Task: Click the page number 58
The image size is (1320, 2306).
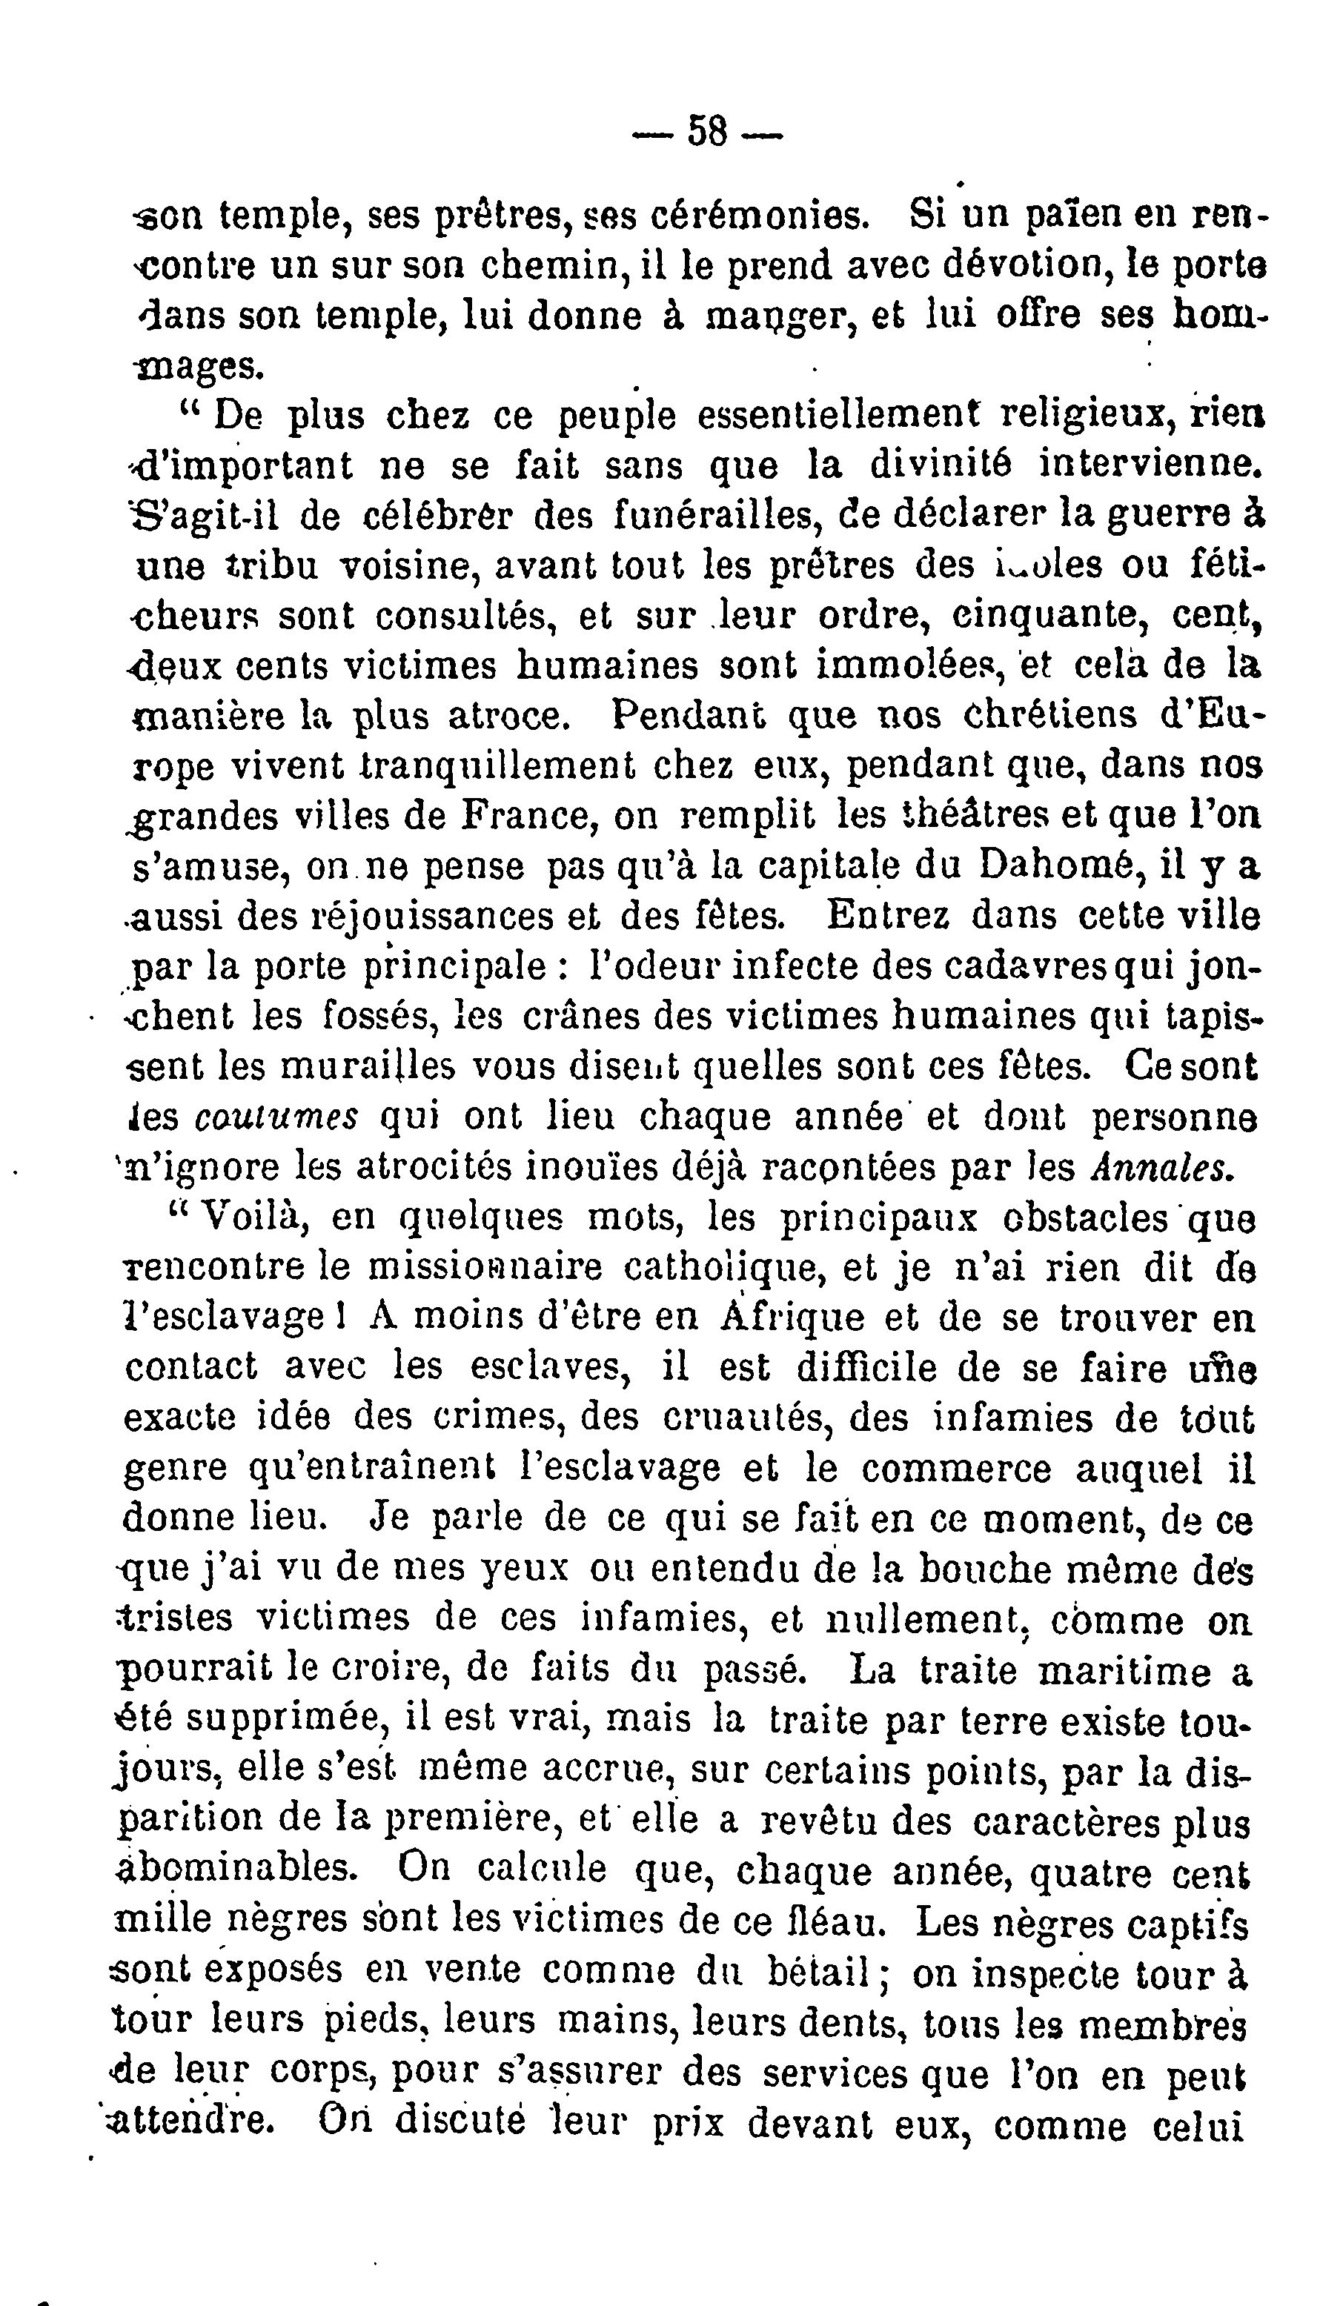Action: (708, 130)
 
